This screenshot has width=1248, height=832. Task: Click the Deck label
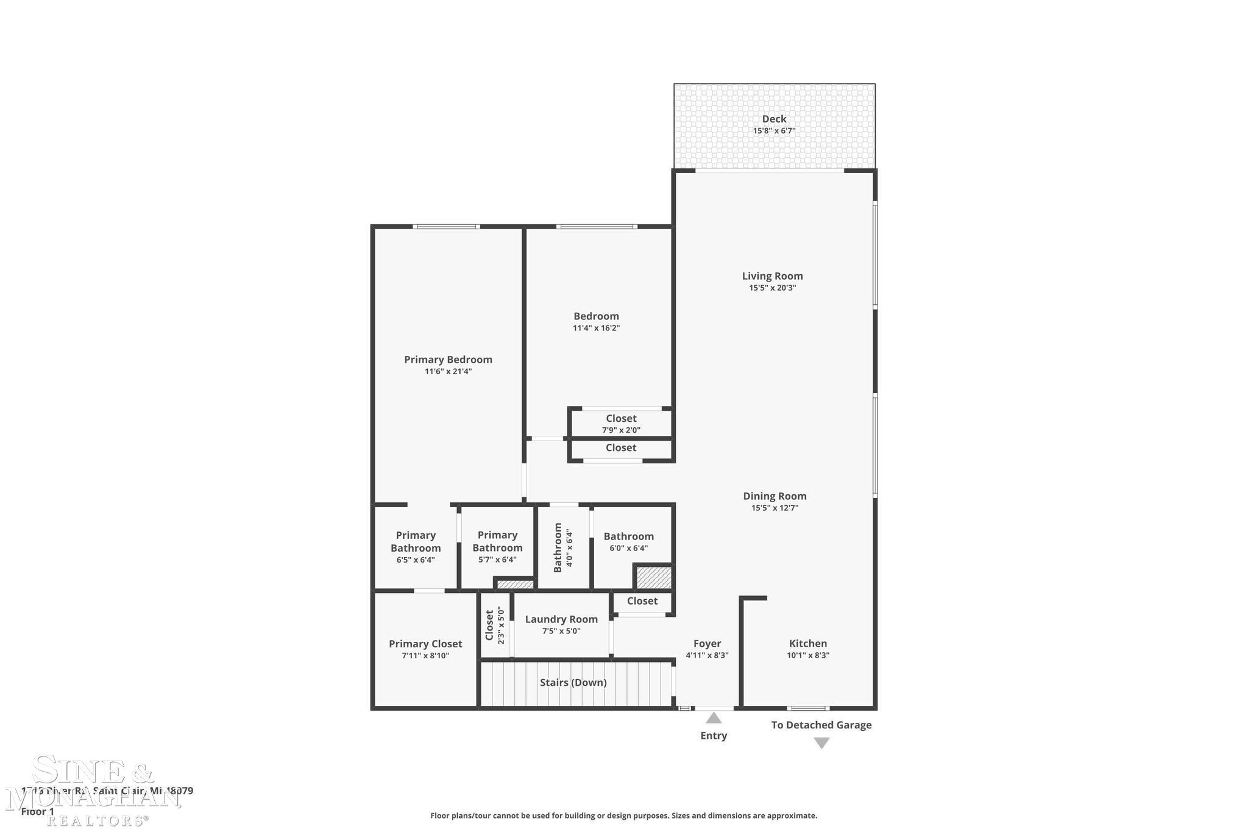coord(774,119)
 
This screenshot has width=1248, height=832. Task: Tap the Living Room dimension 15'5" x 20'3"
coord(772,288)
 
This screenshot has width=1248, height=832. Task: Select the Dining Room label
coord(775,496)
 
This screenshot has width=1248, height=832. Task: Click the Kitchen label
coord(807,643)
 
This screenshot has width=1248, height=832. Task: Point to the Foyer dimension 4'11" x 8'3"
coord(707,656)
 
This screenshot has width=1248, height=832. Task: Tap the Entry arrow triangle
coord(714,718)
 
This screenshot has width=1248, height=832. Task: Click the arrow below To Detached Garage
coord(821,743)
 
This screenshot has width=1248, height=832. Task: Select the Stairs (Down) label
coord(573,682)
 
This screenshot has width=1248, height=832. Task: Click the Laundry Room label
coord(561,619)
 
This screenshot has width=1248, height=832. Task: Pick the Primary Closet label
coord(425,644)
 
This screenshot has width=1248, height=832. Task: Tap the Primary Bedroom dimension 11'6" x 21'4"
coord(448,371)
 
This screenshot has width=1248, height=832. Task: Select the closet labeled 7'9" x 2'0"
coord(621,424)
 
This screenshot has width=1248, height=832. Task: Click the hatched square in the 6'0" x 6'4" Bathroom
coord(654,577)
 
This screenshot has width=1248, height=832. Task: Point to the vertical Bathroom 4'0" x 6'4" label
coord(562,547)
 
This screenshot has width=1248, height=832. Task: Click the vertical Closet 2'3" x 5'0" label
coord(494,625)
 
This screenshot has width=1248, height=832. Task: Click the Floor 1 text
coord(38,812)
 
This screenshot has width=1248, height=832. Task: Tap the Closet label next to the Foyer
coord(642,601)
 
